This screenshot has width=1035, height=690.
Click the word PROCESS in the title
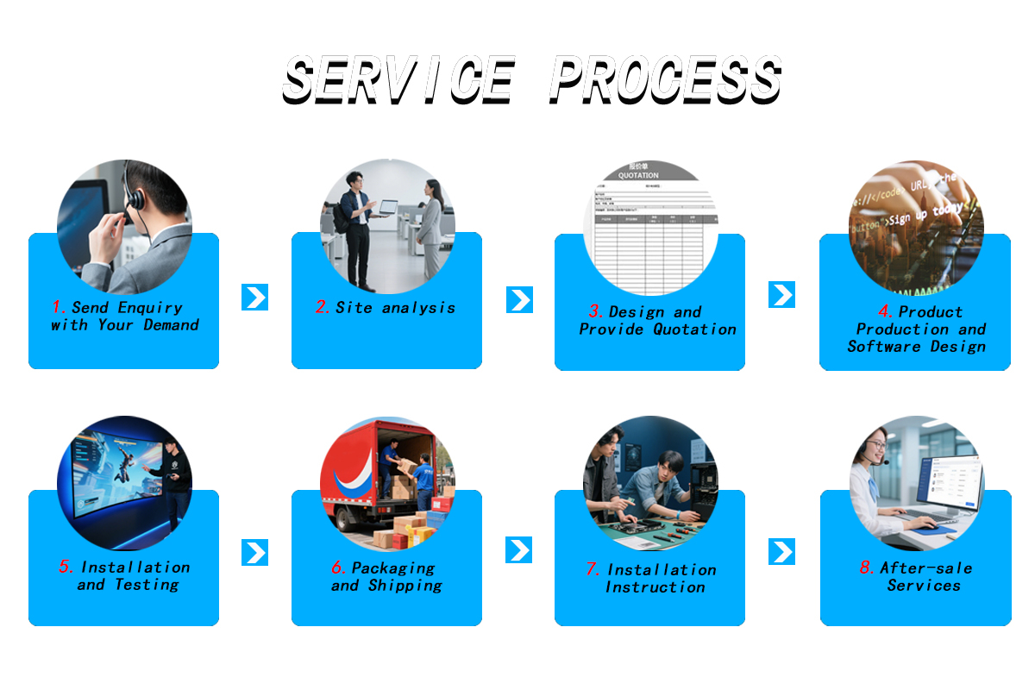pyautogui.click(x=665, y=79)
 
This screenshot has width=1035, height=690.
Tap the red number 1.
pyautogui.click(x=59, y=308)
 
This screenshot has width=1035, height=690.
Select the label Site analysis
pyautogui.click(x=395, y=308)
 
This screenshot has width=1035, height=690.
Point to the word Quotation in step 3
pyautogui.click(x=694, y=329)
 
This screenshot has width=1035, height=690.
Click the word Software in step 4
pyautogui.click(x=884, y=347)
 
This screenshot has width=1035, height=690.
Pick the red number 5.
pyautogui.click(x=66, y=567)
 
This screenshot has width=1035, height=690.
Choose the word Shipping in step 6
pyautogui.click(x=405, y=586)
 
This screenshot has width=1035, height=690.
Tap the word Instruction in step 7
pyautogui.click(x=655, y=587)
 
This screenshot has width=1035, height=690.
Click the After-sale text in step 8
pyautogui.click(x=925, y=568)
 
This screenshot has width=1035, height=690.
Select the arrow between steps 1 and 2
pyautogui.click(x=255, y=298)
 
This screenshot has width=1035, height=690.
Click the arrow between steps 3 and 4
pyautogui.click(x=781, y=295)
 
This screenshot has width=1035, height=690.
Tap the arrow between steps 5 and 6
pyautogui.click(x=255, y=553)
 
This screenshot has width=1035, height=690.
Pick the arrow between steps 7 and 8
pyautogui.click(x=781, y=552)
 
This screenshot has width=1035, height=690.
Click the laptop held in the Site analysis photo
pyautogui.click(x=387, y=208)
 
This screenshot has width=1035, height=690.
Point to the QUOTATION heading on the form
pyautogui.click(x=638, y=175)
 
